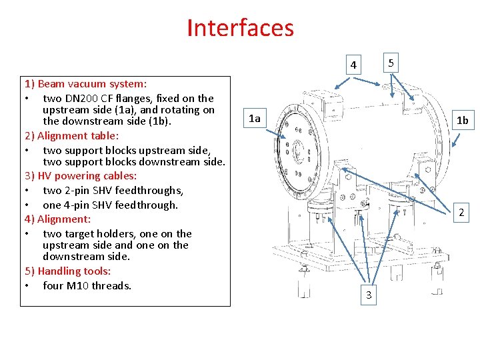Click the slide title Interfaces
[x=240, y=28]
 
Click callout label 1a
[x=254, y=119]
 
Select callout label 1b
[x=462, y=121]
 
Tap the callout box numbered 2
[x=462, y=213]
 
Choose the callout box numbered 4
[x=354, y=65]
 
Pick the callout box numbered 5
[x=391, y=63]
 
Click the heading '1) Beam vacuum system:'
[x=85, y=84]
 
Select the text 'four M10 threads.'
[x=87, y=285]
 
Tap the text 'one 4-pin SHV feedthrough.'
[x=110, y=205]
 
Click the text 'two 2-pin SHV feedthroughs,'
[x=113, y=191]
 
